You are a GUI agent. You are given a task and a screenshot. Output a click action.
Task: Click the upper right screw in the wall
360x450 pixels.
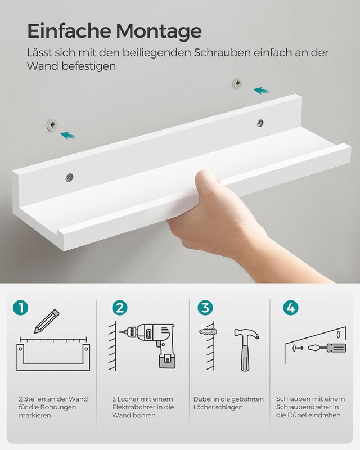click(x=237, y=84)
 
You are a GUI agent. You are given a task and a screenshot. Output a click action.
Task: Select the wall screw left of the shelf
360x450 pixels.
click(x=52, y=124)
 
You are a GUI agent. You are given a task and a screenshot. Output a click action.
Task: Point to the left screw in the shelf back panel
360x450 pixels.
click(x=69, y=177)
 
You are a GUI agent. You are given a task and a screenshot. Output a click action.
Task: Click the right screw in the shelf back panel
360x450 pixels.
click(x=260, y=123)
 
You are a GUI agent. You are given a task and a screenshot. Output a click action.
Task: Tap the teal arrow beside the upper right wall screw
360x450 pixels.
click(x=261, y=89)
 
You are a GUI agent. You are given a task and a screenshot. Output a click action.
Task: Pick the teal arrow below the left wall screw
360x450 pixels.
click(x=68, y=135)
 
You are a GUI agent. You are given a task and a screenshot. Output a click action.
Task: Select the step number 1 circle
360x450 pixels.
click(x=21, y=308)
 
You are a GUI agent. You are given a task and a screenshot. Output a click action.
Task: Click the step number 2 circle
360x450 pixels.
click(x=120, y=308)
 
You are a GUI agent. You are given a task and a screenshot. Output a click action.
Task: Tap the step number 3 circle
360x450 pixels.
click(x=205, y=308)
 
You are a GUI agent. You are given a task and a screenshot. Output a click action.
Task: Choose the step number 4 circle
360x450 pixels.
click(x=291, y=308)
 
